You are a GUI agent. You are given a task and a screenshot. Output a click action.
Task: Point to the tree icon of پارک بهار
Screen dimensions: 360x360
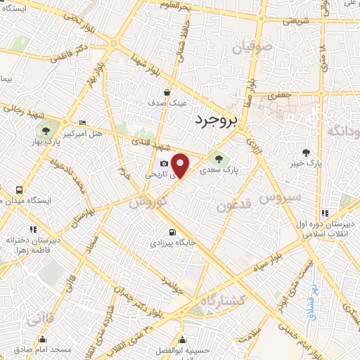coord(46,130)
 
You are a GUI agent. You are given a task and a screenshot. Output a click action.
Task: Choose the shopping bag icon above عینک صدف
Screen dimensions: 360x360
coord(167,91)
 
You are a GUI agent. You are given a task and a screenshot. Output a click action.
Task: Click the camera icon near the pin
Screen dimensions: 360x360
coord(164,163)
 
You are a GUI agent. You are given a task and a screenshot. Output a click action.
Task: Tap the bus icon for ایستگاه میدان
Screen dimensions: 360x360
coord(19,190)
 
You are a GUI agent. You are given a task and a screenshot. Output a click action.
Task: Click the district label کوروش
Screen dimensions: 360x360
coord(148,200)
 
